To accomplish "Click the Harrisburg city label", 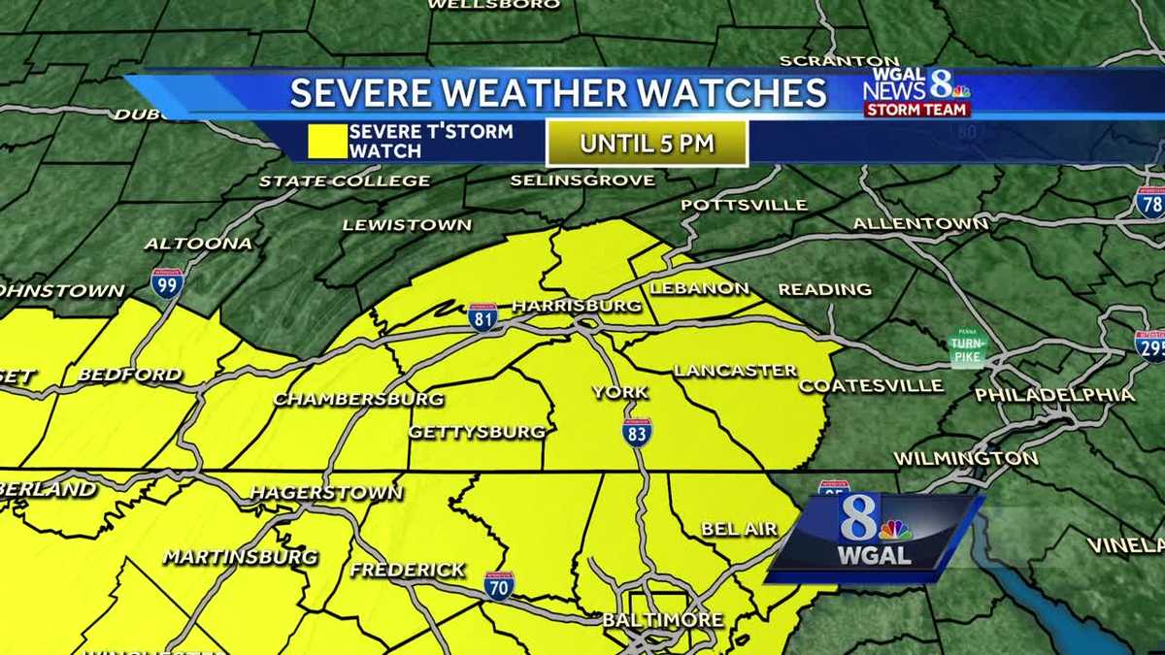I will tap(577, 306).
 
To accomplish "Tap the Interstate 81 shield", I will tap(483, 317).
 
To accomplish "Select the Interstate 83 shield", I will tap(637, 431).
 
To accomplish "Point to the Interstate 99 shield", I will tap(166, 282).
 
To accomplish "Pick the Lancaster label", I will tap(735, 371).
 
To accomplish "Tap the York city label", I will tap(620, 392).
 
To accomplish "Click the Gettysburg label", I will tap(477, 432).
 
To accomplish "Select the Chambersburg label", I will tap(358, 399).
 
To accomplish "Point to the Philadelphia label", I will tap(1054, 395).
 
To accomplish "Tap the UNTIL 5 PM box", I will tap(647, 144).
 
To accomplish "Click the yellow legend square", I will tap(327, 141).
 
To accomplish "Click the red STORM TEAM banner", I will tap(916, 110).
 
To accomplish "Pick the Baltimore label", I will tap(662, 619).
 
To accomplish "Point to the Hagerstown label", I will tap(326, 492).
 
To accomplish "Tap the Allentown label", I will tap(920, 224).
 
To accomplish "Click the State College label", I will tap(344, 180).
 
